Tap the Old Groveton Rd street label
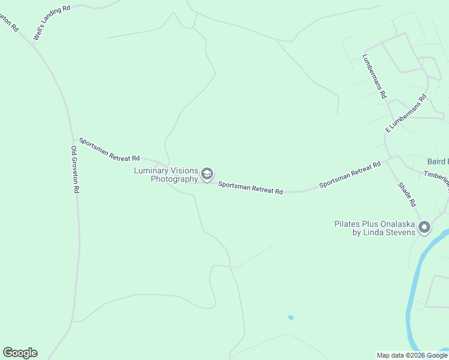(75, 169)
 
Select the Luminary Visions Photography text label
(166, 175)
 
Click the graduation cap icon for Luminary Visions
(207, 175)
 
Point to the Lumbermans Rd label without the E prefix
(375, 76)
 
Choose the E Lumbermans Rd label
(406, 113)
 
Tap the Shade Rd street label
(406, 194)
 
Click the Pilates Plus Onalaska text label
(375, 224)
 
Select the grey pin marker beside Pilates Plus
(424, 227)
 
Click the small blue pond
(291, 317)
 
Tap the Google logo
(20, 353)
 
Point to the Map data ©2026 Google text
(412, 355)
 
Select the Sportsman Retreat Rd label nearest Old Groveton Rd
(109, 149)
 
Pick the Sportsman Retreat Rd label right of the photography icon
(250, 188)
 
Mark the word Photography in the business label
(174, 179)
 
